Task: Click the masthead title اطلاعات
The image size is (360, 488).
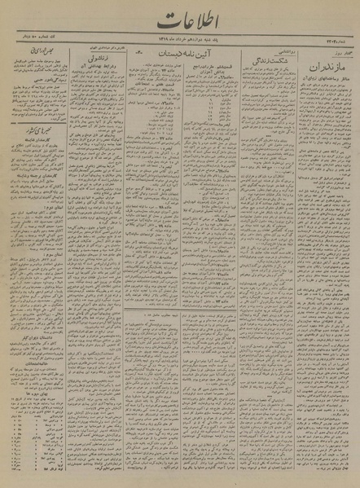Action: point(178,19)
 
